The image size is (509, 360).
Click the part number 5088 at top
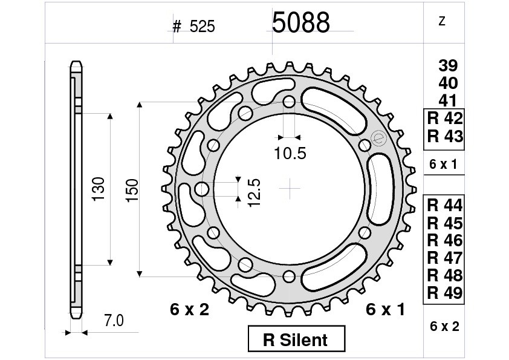(300, 22)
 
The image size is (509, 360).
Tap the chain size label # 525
(194, 26)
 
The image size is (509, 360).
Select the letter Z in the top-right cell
(441, 21)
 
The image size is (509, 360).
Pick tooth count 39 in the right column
(448, 65)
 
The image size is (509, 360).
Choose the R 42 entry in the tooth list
(445, 118)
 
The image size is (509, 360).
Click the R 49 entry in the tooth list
(445, 293)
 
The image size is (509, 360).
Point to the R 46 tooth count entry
(445, 240)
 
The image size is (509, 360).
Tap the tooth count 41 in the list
(448, 100)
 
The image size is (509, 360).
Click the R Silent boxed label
(296, 339)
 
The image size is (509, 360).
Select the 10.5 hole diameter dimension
(290, 153)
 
